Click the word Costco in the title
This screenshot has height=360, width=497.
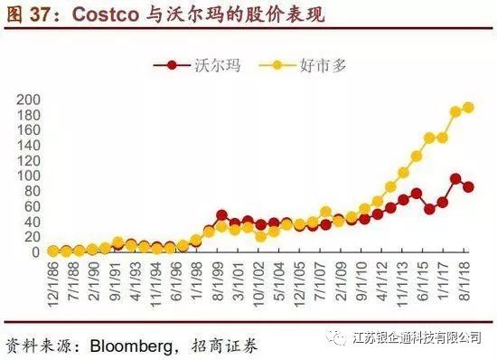pos(107,15)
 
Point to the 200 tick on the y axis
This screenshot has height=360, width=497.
pos(30,99)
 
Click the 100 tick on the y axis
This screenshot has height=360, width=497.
pos(30,175)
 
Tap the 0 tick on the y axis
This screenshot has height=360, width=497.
pos(36,251)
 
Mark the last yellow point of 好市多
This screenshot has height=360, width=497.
pos(468,108)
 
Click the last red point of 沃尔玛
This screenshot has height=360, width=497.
pos(468,187)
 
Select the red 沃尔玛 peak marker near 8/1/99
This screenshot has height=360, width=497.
pos(221,215)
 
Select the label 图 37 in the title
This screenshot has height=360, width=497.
pos(25,15)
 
